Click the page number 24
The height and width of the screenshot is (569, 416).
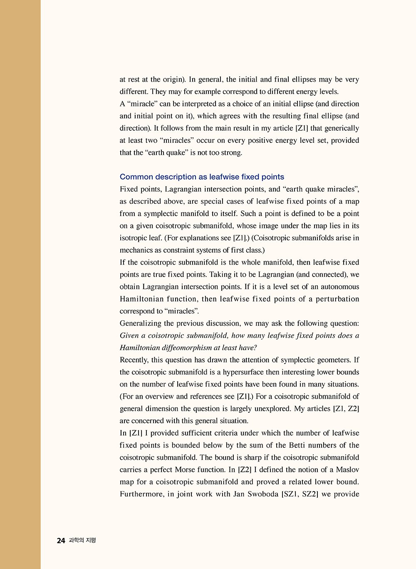coord(61,540)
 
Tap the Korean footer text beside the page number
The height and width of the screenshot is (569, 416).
coord(82,540)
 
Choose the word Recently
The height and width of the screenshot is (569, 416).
coord(134,360)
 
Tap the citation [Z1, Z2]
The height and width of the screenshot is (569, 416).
coord(346,409)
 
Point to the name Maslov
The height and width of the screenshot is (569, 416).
coord(347,469)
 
